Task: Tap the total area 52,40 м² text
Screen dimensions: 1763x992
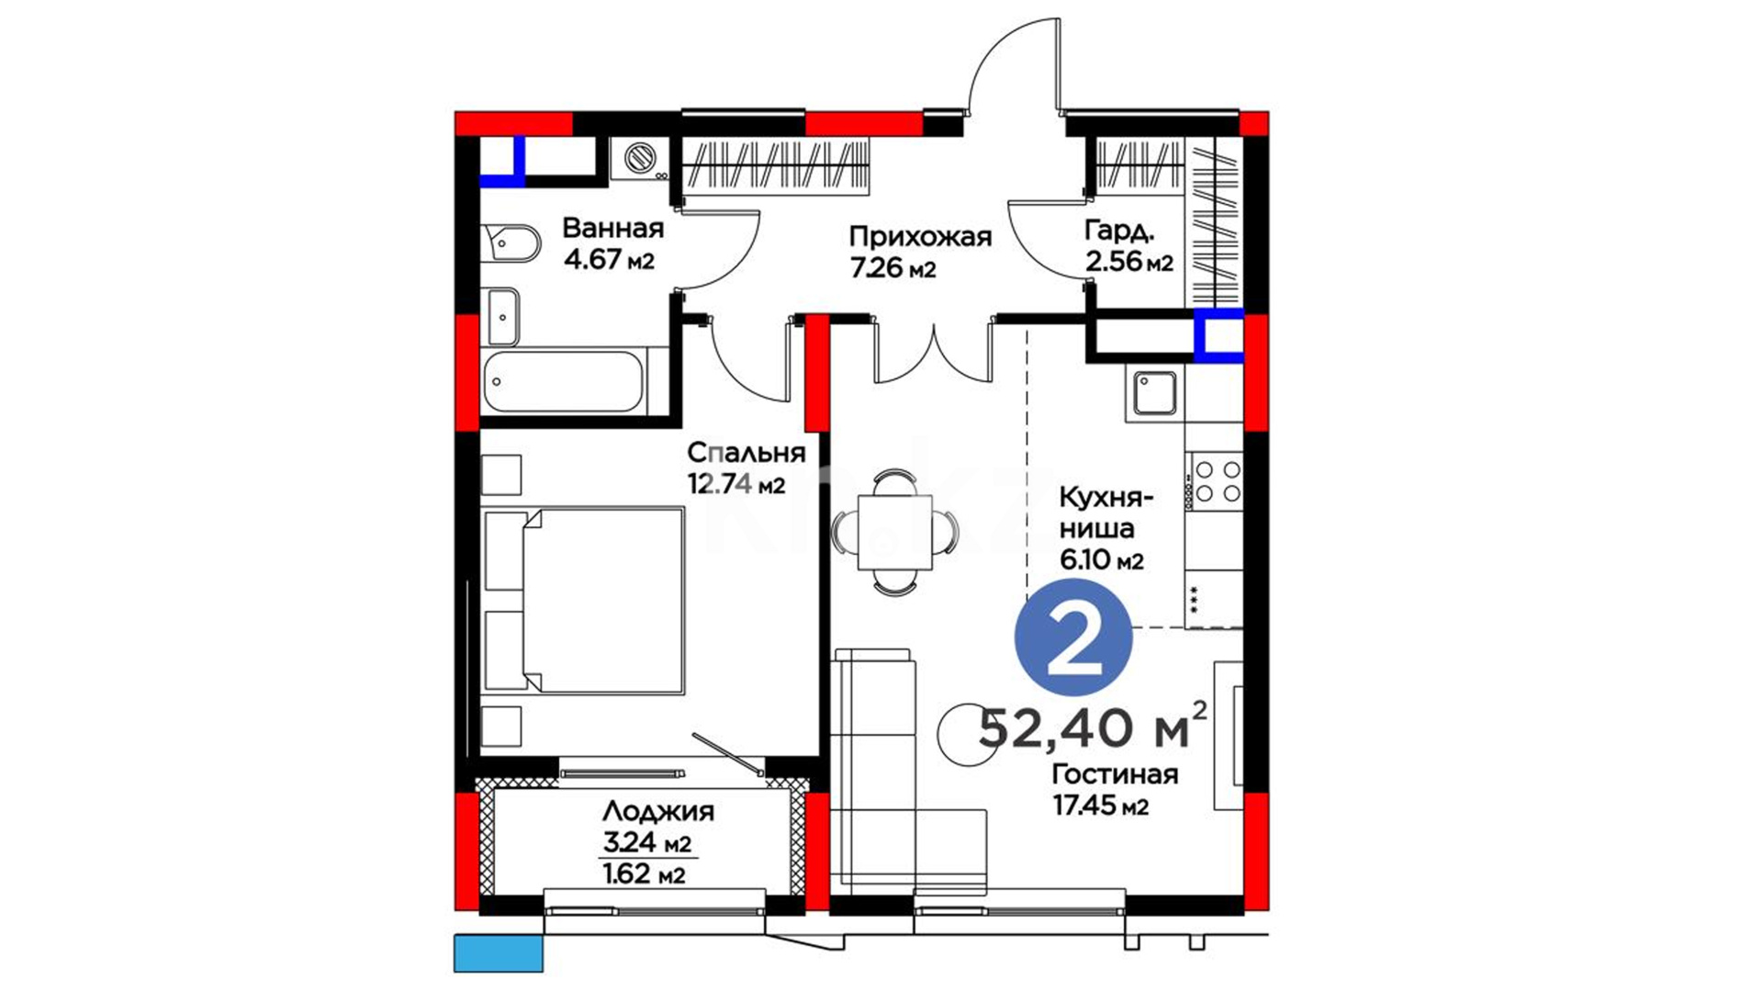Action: [1093, 728]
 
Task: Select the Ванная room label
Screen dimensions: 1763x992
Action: [612, 228]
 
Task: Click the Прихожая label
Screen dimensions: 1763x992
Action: [920, 237]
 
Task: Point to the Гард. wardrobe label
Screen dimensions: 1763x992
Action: [1118, 231]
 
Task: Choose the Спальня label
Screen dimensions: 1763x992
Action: [747, 452]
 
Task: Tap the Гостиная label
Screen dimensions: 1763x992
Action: [1115, 774]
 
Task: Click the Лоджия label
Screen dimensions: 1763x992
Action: [657, 812]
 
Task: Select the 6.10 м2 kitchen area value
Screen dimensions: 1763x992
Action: [1102, 558]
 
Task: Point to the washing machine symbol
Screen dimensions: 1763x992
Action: [641, 159]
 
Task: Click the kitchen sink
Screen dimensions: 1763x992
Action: [1154, 393]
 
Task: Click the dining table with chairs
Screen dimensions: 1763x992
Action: [894, 532]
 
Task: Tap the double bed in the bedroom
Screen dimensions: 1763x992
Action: [584, 600]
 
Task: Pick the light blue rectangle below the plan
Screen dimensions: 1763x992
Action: [499, 953]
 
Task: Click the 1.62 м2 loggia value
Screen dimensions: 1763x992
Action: [644, 874]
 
